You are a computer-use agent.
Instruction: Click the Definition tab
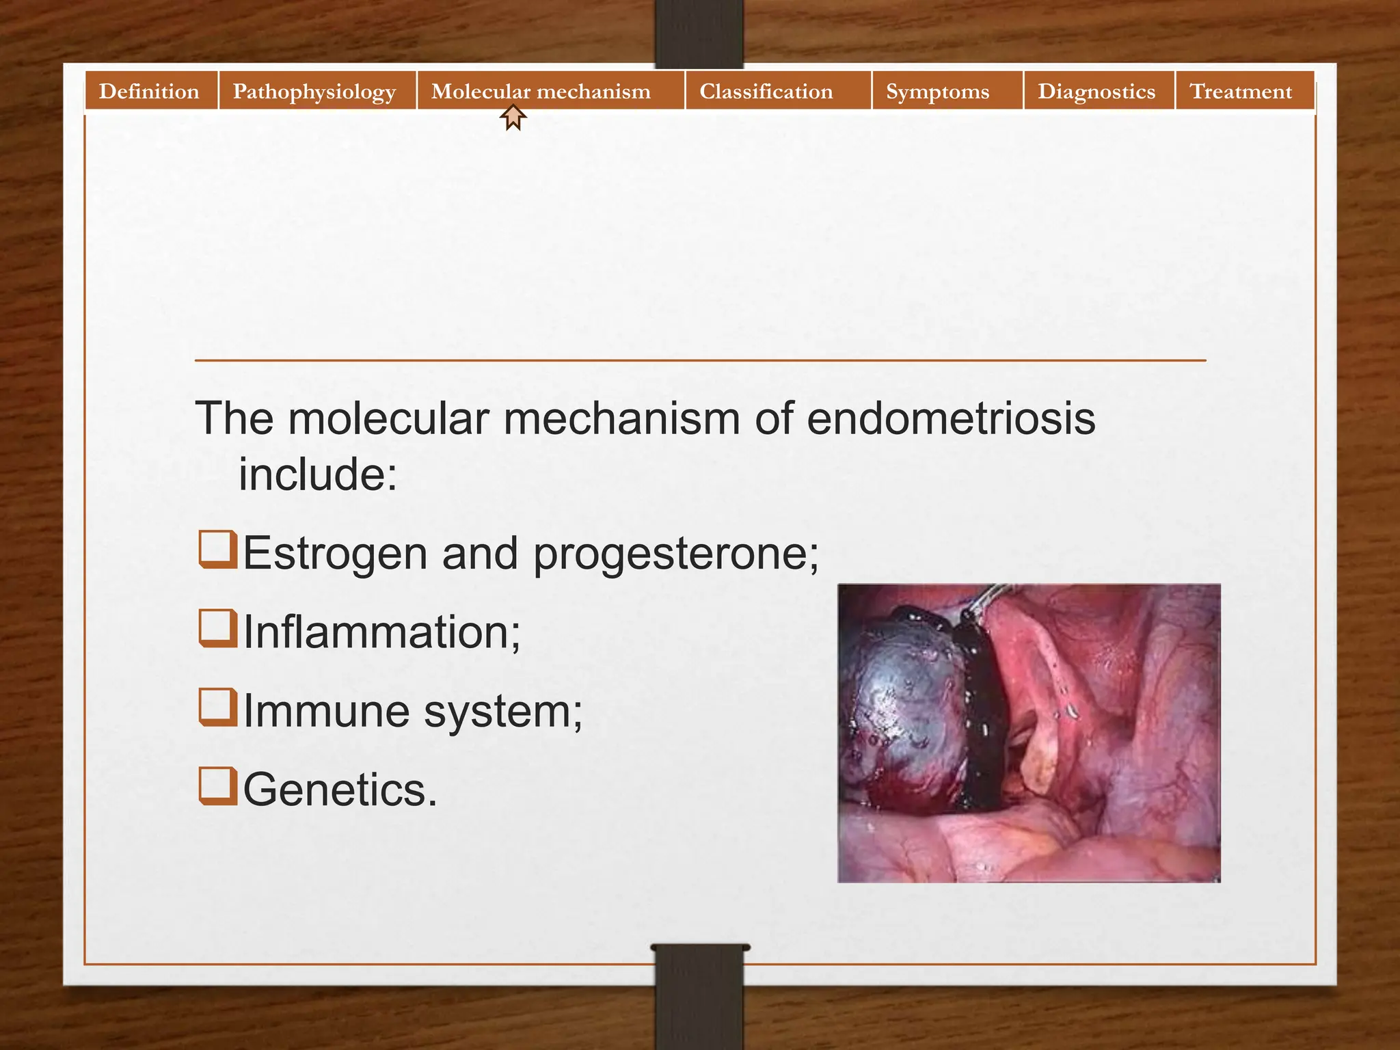pos(149,91)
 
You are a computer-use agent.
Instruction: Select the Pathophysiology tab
pos(314,91)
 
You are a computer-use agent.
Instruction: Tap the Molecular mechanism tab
pos(541,91)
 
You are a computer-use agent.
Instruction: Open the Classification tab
pos(766,91)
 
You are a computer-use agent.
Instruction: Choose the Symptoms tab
pos(937,91)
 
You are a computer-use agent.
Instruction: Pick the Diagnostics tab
pos(1096,91)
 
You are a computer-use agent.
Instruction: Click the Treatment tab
pos(1241,91)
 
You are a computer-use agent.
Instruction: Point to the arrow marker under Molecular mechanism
pos(513,117)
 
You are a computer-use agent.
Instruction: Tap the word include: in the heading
pos(317,474)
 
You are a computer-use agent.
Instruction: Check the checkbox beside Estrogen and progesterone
pos(218,550)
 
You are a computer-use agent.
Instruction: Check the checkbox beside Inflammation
pos(218,628)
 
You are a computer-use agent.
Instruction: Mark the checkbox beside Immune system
pos(218,707)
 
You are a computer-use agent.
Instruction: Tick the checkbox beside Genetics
pos(218,786)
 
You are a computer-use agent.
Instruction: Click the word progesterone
pos(675,554)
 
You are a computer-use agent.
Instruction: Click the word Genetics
pos(340,790)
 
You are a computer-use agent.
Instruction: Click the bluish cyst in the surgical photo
pos(902,711)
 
